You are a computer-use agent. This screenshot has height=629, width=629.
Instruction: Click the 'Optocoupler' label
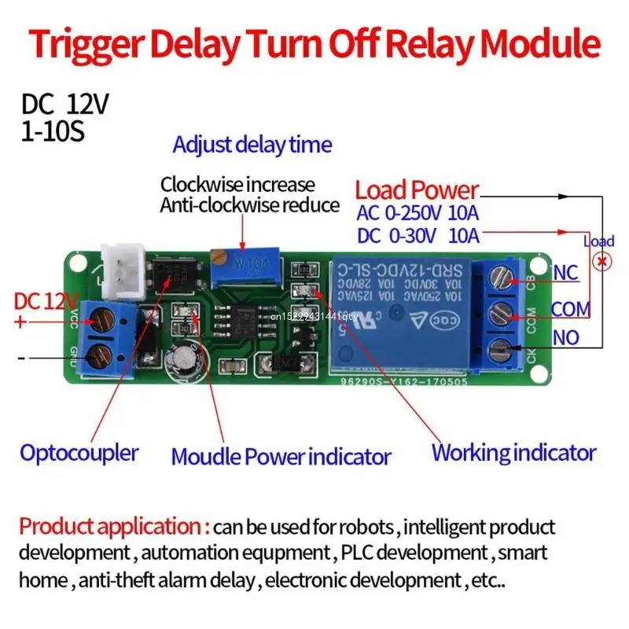pyautogui.click(x=79, y=453)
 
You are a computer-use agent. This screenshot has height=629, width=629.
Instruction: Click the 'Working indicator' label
pyautogui.click(x=513, y=453)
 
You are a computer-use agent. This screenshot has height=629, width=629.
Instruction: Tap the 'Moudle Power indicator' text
pyautogui.click(x=281, y=456)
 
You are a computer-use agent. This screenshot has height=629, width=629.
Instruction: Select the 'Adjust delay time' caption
pyautogui.click(x=252, y=145)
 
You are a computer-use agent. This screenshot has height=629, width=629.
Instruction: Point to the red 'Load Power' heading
pyautogui.click(x=417, y=189)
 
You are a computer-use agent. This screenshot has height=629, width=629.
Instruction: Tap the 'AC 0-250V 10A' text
pyautogui.click(x=418, y=212)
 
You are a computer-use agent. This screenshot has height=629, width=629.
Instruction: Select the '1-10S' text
pyautogui.click(x=53, y=131)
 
